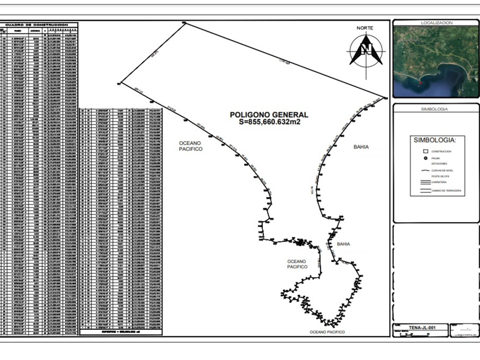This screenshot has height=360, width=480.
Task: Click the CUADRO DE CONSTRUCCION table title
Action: click(x=38, y=25)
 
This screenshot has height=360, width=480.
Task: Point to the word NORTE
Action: click(x=365, y=28)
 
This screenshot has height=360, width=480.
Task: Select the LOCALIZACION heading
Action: click(x=436, y=23)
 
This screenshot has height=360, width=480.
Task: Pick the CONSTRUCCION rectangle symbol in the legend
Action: click(x=426, y=151)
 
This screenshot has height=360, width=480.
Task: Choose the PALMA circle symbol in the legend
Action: click(x=426, y=157)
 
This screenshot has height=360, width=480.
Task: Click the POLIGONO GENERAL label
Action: click(x=269, y=115)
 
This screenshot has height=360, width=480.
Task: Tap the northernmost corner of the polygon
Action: click(x=184, y=23)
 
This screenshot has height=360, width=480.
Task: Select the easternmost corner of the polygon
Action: click(x=386, y=98)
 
